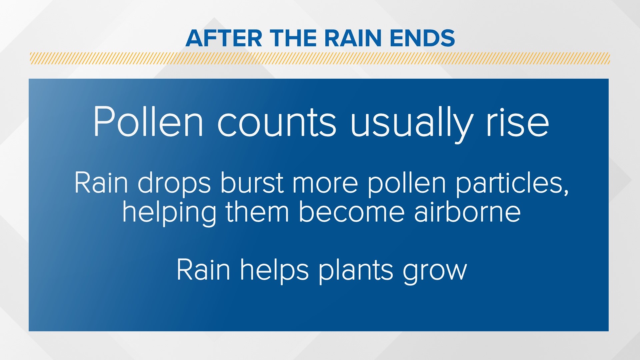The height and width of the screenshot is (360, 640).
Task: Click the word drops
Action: coord(174,183)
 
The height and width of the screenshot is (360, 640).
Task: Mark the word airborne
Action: coord(467,212)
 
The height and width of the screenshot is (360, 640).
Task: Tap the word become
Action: coord(351,212)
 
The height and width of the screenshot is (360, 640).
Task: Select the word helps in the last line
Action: coord(274,270)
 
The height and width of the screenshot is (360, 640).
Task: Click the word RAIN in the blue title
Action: coord(352,38)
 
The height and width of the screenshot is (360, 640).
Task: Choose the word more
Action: coord(325,183)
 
